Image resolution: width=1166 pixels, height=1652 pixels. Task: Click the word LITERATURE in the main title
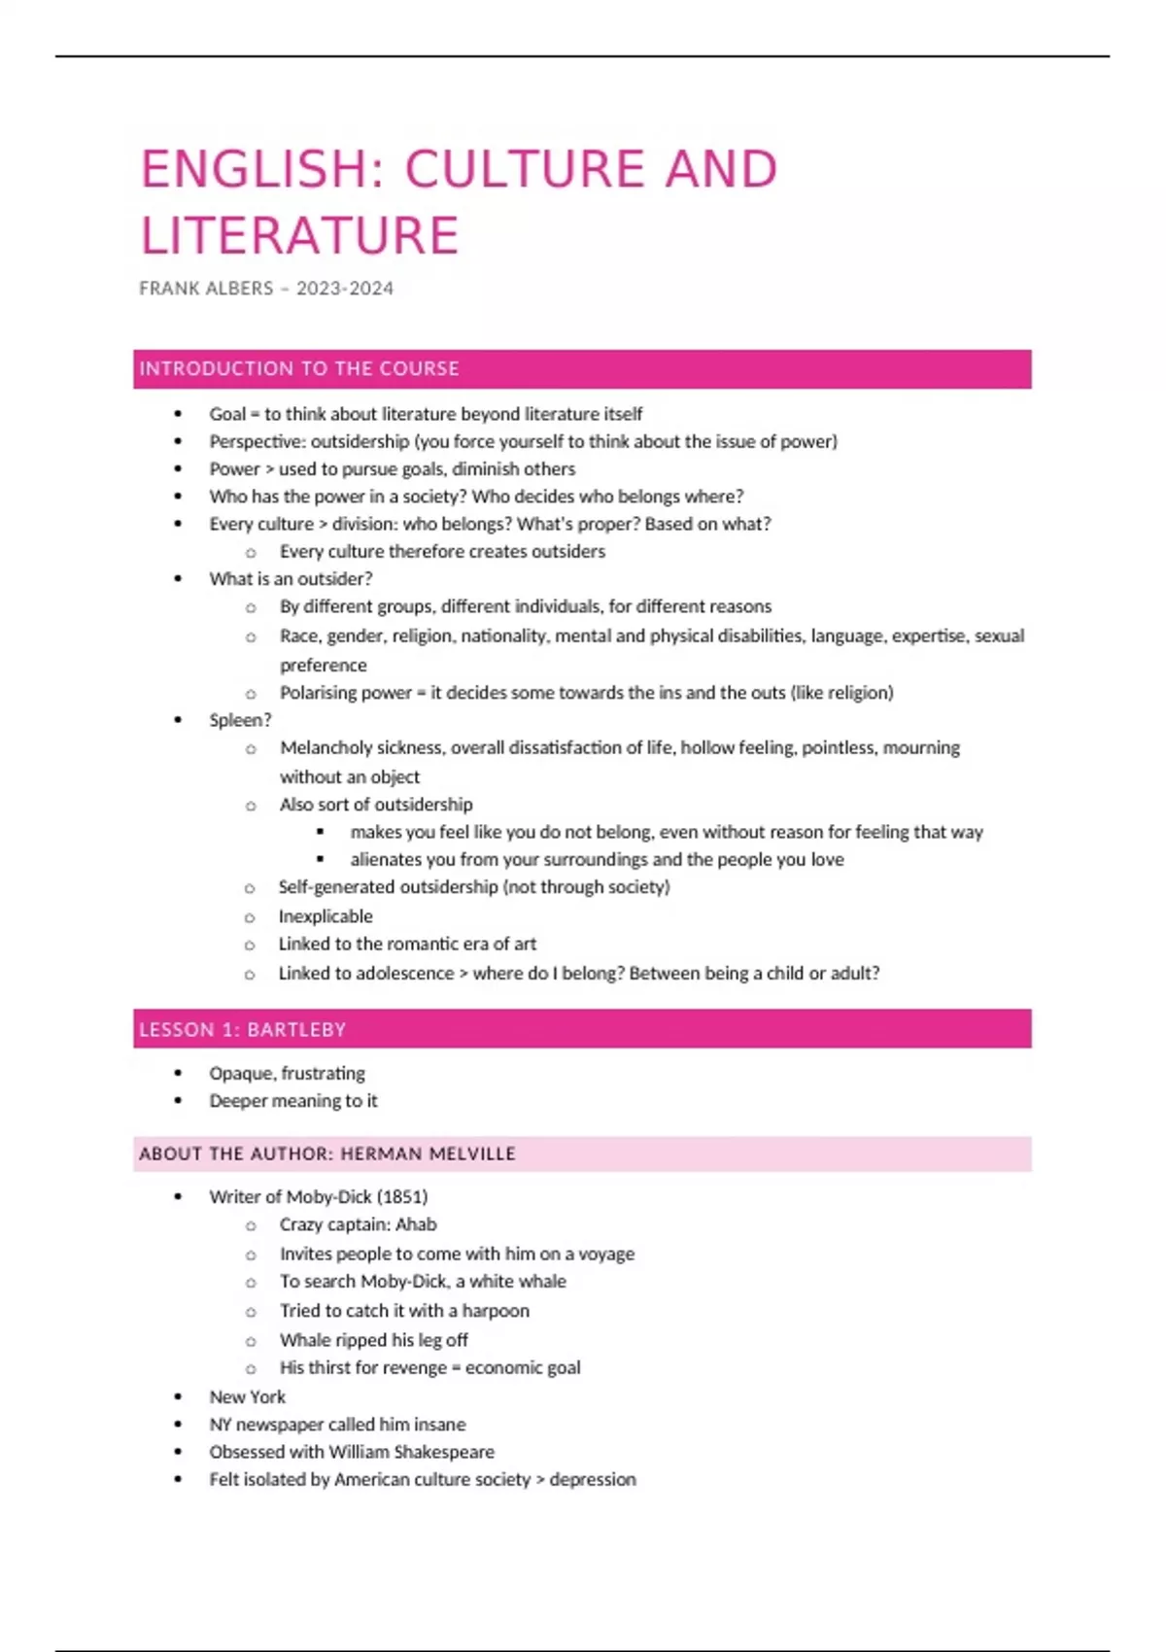[x=299, y=236]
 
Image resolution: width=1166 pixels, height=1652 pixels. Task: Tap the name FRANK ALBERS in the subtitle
[x=206, y=289]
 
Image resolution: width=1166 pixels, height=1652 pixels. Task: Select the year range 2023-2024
[x=345, y=289]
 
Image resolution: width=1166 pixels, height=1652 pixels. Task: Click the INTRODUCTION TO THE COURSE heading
[x=299, y=369]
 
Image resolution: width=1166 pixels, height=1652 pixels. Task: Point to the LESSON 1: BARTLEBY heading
[x=242, y=1030]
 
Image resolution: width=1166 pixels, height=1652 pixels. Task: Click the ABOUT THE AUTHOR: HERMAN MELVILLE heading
[x=327, y=1154]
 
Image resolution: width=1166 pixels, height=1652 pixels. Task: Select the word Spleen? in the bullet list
[x=240, y=720]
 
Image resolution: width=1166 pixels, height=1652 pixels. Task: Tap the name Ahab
[x=416, y=1224]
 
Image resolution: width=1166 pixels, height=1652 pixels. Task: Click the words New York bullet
[x=247, y=1397]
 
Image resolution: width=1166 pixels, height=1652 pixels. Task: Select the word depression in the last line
[x=593, y=1479]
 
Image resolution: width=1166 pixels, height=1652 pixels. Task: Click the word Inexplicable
[x=326, y=916]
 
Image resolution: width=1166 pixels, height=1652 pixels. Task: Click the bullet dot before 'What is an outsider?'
[x=178, y=579]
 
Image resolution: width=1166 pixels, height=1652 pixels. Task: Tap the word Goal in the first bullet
[x=226, y=414]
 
